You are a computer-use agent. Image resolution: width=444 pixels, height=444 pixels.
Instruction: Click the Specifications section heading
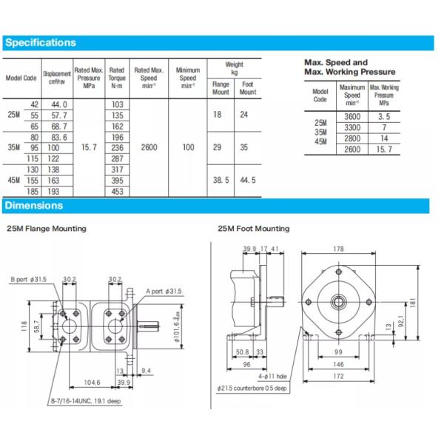click(x=41, y=43)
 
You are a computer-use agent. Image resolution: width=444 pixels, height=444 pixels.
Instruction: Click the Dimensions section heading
click(x=34, y=206)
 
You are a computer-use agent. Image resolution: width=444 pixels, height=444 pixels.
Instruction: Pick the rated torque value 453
click(x=117, y=192)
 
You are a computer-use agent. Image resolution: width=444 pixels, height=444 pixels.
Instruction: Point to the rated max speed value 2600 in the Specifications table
click(x=149, y=148)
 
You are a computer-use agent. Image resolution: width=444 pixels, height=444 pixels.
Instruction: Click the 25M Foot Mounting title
click(x=254, y=229)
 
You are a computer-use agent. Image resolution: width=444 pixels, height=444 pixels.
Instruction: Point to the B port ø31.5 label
click(x=29, y=279)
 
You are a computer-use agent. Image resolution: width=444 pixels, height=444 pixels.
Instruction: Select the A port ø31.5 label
click(x=163, y=291)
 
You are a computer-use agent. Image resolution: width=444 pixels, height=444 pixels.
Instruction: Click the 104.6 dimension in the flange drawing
click(x=92, y=383)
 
